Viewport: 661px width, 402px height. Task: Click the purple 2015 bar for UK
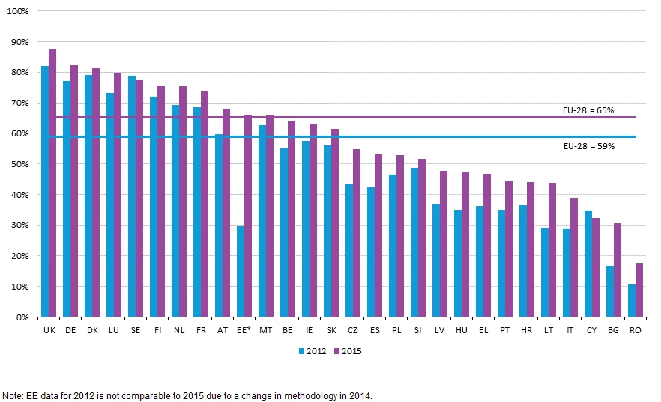tap(52, 184)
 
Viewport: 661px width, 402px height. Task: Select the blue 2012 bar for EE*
tap(241, 271)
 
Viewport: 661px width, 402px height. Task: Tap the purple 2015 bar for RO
tap(639, 290)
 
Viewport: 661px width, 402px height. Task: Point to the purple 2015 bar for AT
tap(226, 213)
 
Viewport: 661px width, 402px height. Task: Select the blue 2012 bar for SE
tap(132, 196)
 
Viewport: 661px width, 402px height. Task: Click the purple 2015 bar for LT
tap(552, 250)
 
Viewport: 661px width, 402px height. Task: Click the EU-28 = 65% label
tap(588, 110)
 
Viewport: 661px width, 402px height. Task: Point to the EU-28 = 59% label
tap(588, 146)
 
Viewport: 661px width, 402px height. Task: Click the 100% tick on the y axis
tap(18, 11)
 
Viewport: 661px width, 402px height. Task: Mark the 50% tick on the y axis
tap(19, 164)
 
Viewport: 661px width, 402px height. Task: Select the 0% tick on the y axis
tap(22, 317)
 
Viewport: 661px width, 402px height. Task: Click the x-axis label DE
tap(70, 329)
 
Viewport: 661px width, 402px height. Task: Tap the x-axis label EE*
tap(244, 329)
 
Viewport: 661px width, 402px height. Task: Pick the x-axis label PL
tap(396, 329)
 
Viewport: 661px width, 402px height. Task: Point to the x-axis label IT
tap(570, 329)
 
